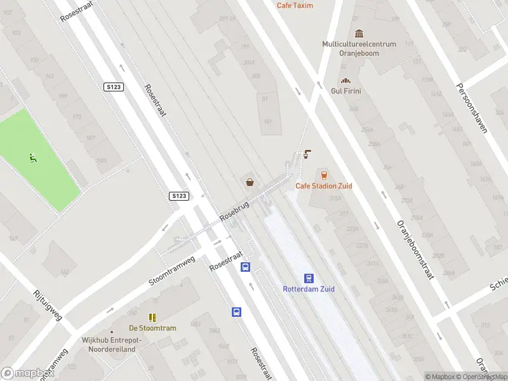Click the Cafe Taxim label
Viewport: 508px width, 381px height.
(295, 5)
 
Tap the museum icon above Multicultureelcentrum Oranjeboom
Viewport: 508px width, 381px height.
(359, 34)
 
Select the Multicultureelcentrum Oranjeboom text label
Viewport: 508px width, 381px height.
(359, 49)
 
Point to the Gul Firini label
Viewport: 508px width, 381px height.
(346, 91)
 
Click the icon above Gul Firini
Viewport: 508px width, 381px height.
(346, 81)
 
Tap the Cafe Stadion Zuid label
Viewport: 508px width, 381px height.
(324, 186)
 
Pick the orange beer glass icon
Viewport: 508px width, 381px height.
(324, 175)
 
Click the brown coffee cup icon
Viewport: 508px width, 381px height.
(308, 154)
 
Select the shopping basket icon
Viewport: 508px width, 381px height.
(251, 183)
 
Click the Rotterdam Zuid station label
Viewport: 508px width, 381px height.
(309, 289)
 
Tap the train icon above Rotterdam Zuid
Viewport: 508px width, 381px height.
(309, 278)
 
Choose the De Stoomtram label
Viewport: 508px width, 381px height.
(152, 328)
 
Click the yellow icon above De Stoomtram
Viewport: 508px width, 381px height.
(152, 317)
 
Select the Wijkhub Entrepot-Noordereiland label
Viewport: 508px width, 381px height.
(112, 344)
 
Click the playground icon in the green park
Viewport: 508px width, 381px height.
(32, 158)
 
